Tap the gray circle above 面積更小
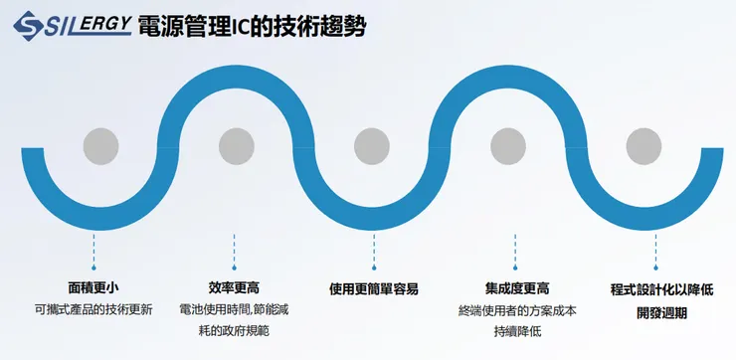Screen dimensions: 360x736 (101, 146)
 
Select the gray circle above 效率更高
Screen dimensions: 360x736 (236, 146)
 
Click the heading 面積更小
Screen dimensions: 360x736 (92, 288)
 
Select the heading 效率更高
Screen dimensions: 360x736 (235, 288)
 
